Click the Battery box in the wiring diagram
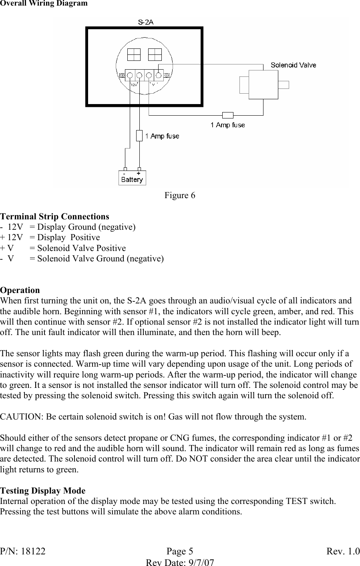[132, 178]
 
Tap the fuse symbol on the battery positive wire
[139, 136]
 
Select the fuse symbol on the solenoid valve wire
[227, 115]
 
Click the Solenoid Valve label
[293, 65]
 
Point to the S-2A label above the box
[145, 22]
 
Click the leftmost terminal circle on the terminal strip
[130, 75]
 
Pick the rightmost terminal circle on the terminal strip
[159, 75]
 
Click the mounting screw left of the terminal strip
[122, 75]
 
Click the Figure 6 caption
[180, 195]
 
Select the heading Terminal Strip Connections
[54, 217]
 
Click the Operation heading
[20, 290]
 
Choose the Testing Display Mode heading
[43, 491]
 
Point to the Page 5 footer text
[180, 552]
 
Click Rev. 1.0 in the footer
[343, 552]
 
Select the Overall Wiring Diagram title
[44, 4]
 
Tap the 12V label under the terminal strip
[135, 84]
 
